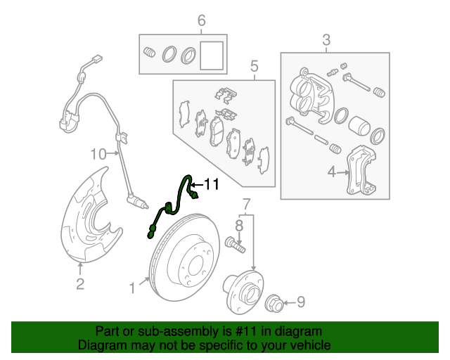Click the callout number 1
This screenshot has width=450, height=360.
[131, 287]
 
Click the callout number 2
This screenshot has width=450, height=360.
[80, 284]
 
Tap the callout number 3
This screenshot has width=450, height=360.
[326, 40]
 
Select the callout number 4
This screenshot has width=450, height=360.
[331, 171]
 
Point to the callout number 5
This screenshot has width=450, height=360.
[254, 66]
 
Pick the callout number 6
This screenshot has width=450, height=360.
[201, 20]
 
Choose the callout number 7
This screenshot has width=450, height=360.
[247, 205]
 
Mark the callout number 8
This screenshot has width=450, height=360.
[238, 225]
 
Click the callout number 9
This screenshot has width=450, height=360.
[300, 302]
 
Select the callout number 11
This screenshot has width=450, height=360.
[211, 184]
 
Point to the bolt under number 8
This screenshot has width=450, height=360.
[235, 245]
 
